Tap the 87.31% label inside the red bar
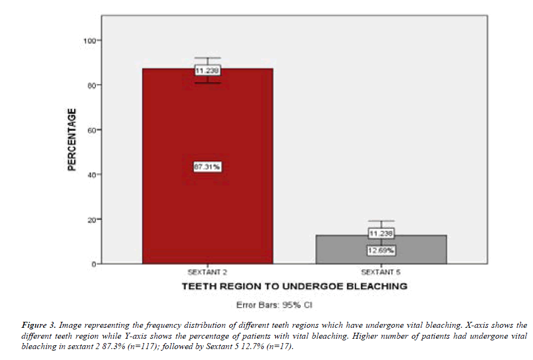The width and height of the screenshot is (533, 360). coord(207,167)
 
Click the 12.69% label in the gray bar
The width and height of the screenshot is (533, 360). coord(381,250)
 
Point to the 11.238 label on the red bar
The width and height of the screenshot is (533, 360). coord(207,70)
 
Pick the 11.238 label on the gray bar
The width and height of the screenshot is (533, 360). coord(381,233)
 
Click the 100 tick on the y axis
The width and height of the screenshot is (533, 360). coord(89,41)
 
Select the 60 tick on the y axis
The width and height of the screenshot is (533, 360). coord(91,130)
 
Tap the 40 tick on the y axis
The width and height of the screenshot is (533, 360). coord(91,175)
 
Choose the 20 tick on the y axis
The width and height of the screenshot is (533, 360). coord(91,220)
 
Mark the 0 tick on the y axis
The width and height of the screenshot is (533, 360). coord(93,264)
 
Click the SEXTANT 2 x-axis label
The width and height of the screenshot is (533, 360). coord(207,272)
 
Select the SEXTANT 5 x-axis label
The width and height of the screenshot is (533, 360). coord(381,272)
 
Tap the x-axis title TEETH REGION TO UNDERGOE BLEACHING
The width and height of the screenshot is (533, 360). coord(294,286)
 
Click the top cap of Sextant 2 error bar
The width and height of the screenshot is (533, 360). coord(207,58)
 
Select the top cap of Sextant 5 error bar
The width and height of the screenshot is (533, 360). coord(381,221)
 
